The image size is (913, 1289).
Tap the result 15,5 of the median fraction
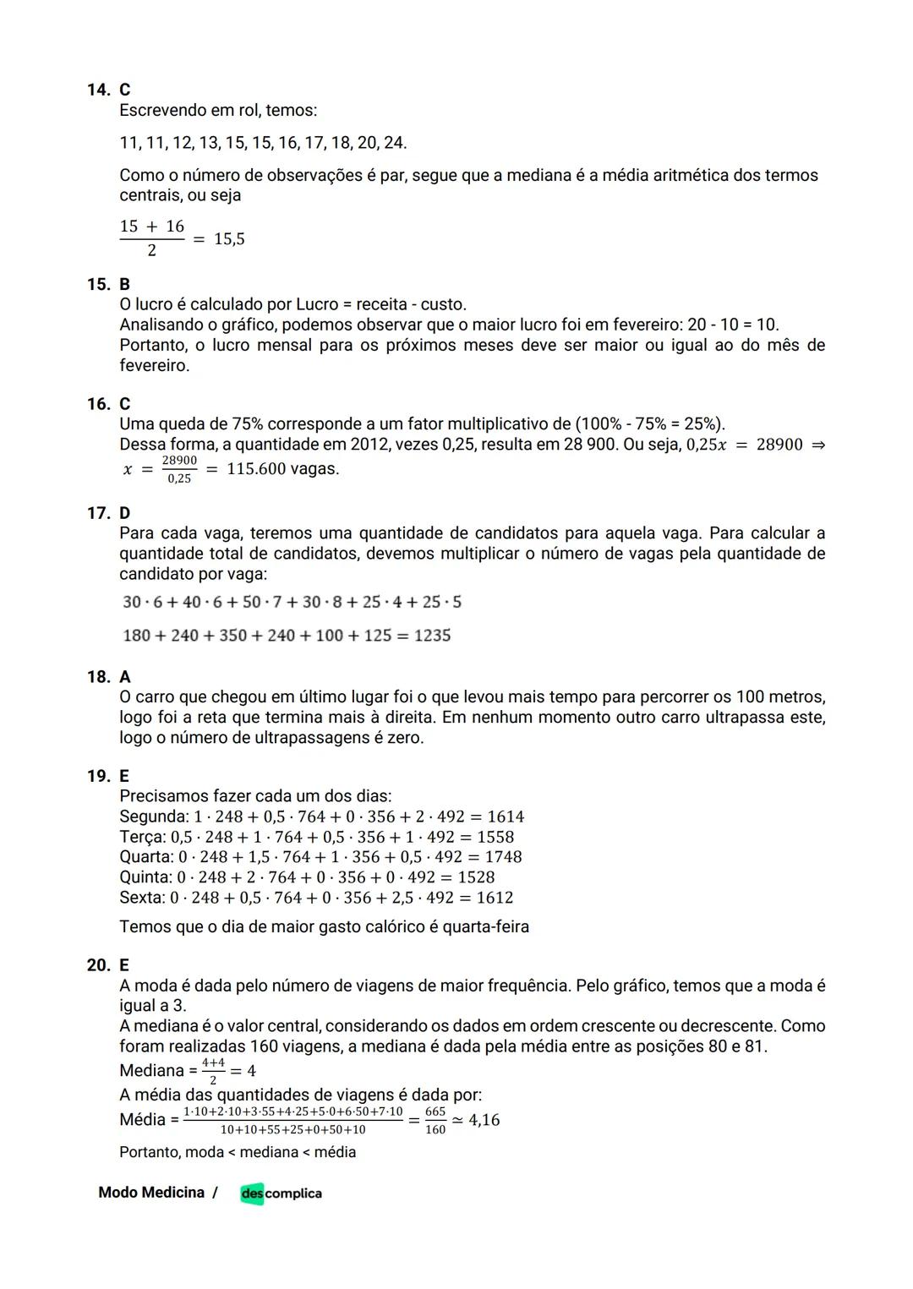pos(229,239)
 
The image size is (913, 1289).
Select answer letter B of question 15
pos(125,284)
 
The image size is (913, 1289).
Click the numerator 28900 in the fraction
pos(179,461)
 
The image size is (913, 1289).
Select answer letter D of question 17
pos(125,513)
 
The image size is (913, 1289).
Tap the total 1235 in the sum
pos(432,636)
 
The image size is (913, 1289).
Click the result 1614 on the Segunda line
pos(506,817)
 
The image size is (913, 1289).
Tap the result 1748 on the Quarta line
pos(503,857)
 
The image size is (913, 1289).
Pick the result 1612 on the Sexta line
pos(495,898)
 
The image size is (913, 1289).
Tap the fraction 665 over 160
pos(435,1121)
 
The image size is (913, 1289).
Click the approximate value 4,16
pos(484,1120)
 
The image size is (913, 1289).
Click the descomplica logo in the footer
pos(281,1193)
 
